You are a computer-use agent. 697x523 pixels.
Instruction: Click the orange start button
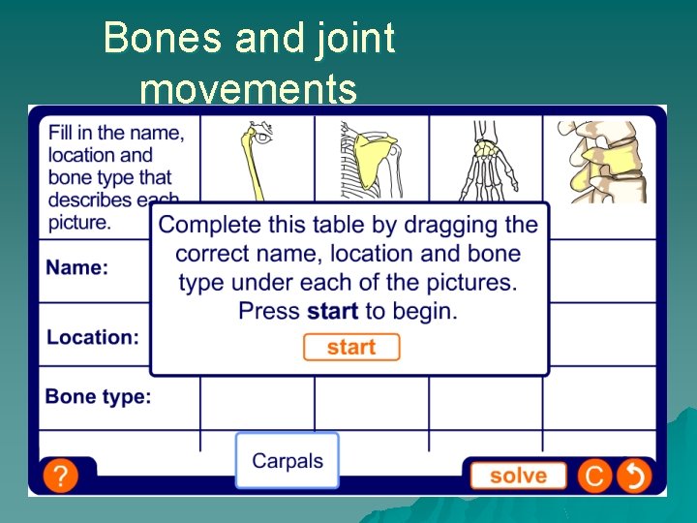click(350, 347)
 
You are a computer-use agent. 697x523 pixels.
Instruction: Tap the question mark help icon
click(61, 476)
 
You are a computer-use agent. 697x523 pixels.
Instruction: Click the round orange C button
click(594, 476)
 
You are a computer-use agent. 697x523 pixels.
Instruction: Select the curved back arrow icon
click(635, 476)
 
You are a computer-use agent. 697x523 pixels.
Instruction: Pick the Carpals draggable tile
click(288, 461)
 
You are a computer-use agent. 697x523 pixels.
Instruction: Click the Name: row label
click(77, 267)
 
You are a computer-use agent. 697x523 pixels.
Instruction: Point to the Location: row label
click(93, 337)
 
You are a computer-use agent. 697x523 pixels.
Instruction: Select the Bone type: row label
click(99, 396)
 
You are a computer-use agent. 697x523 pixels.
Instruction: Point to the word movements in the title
click(249, 90)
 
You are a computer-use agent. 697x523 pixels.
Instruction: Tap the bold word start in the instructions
click(332, 312)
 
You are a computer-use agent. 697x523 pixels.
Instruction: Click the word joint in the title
click(361, 39)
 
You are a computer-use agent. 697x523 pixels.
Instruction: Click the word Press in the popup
click(269, 312)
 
